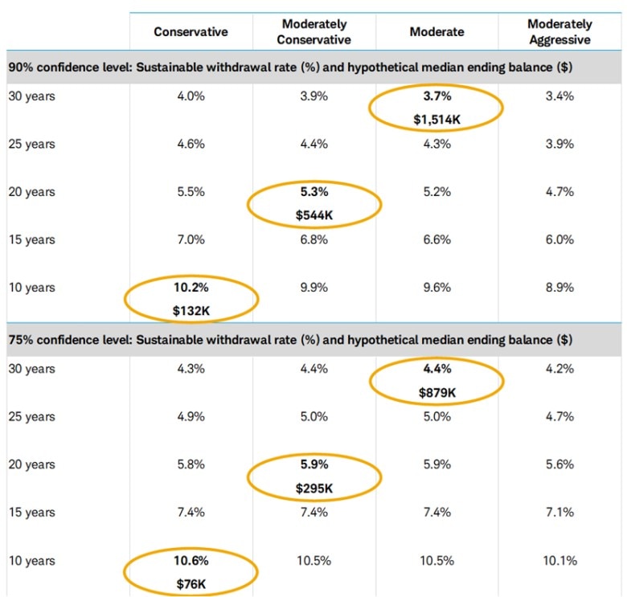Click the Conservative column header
point(191,32)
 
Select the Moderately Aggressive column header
point(559,32)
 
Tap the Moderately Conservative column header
point(315,32)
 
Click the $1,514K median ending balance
point(437,120)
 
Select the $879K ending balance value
point(437,393)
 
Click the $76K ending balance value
point(191,584)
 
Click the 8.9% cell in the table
point(559,288)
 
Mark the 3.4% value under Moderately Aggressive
point(559,96)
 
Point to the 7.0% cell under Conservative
point(191,240)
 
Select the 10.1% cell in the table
point(559,560)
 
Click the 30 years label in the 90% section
point(31,96)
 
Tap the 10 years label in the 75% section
point(31,560)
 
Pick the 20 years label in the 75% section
point(31,464)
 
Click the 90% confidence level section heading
point(290,67)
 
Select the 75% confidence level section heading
point(290,340)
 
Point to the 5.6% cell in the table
point(559,464)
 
